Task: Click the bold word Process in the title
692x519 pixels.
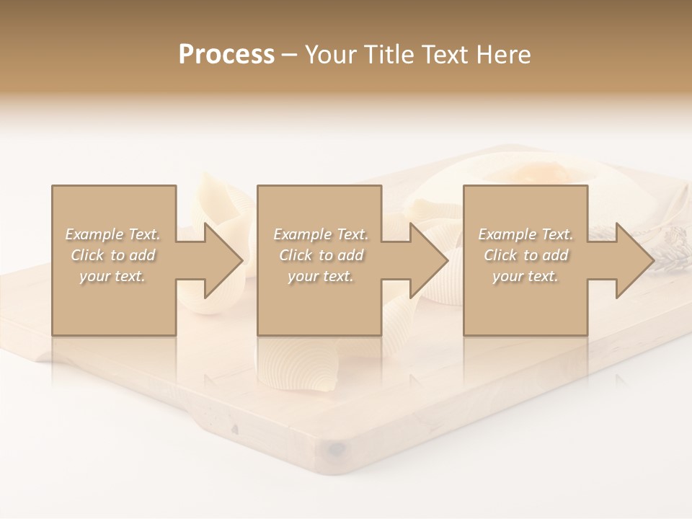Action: [226, 55]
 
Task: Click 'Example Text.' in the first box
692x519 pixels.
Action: [113, 234]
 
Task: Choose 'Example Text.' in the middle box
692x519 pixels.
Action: [321, 234]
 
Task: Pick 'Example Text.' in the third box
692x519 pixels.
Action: [525, 234]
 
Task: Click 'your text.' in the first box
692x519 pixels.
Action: [113, 276]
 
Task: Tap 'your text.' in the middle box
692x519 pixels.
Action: [321, 276]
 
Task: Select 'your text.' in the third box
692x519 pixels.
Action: [525, 276]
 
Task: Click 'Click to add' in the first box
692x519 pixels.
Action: [113, 255]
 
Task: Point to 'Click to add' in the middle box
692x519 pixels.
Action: [321, 255]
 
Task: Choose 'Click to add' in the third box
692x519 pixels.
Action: [525, 255]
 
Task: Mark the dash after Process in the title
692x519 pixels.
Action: [290, 56]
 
